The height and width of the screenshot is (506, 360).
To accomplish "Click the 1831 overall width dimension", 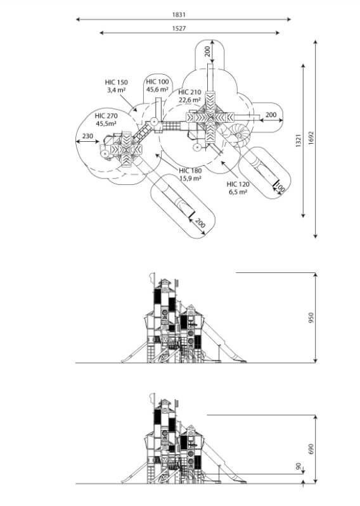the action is click(x=179, y=15).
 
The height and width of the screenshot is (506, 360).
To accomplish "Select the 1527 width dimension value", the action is click(x=179, y=28).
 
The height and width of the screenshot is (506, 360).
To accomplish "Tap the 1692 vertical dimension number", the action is click(x=311, y=138).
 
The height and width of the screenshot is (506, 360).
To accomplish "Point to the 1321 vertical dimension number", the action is click(x=299, y=141).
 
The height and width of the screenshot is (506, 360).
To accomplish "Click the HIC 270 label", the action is click(x=106, y=116).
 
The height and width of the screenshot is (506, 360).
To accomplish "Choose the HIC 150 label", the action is click(x=116, y=82).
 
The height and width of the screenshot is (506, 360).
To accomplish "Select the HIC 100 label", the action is click(x=157, y=82).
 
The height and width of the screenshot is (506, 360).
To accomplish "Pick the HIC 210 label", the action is click(x=190, y=92).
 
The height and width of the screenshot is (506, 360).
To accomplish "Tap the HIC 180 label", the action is click(x=190, y=171).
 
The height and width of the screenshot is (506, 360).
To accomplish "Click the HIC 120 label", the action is click(x=238, y=184).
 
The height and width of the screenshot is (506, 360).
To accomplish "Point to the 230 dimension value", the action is click(x=87, y=136).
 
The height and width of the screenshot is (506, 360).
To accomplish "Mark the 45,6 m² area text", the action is click(x=157, y=89).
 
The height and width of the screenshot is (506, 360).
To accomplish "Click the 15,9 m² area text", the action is click(x=191, y=178).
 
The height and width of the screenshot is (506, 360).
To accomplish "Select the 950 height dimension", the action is click(x=311, y=318).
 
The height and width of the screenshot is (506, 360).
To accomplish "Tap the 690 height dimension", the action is click(x=311, y=449).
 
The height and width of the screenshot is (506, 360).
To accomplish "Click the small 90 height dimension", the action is click(x=299, y=466).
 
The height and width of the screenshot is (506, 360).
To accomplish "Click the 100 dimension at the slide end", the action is click(x=280, y=189).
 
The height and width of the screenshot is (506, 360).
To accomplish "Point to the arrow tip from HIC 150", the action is click(x=137, y=111).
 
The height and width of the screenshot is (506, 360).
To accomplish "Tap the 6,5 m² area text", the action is click(x=238, y=192).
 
